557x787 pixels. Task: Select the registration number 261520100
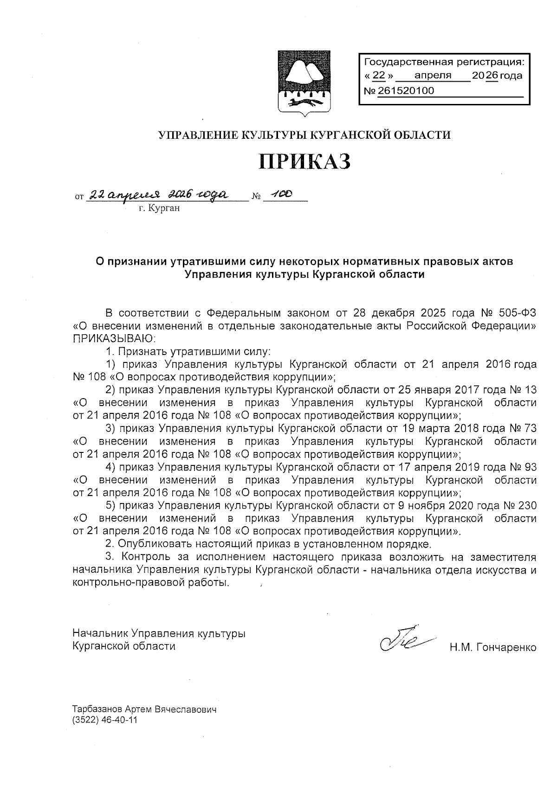click(x=406, y=91)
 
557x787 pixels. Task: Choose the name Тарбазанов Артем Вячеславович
click(x=144, y=710)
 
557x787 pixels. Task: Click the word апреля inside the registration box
click(x=433, y=76)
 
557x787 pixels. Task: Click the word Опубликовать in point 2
click(x=148, y=543)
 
